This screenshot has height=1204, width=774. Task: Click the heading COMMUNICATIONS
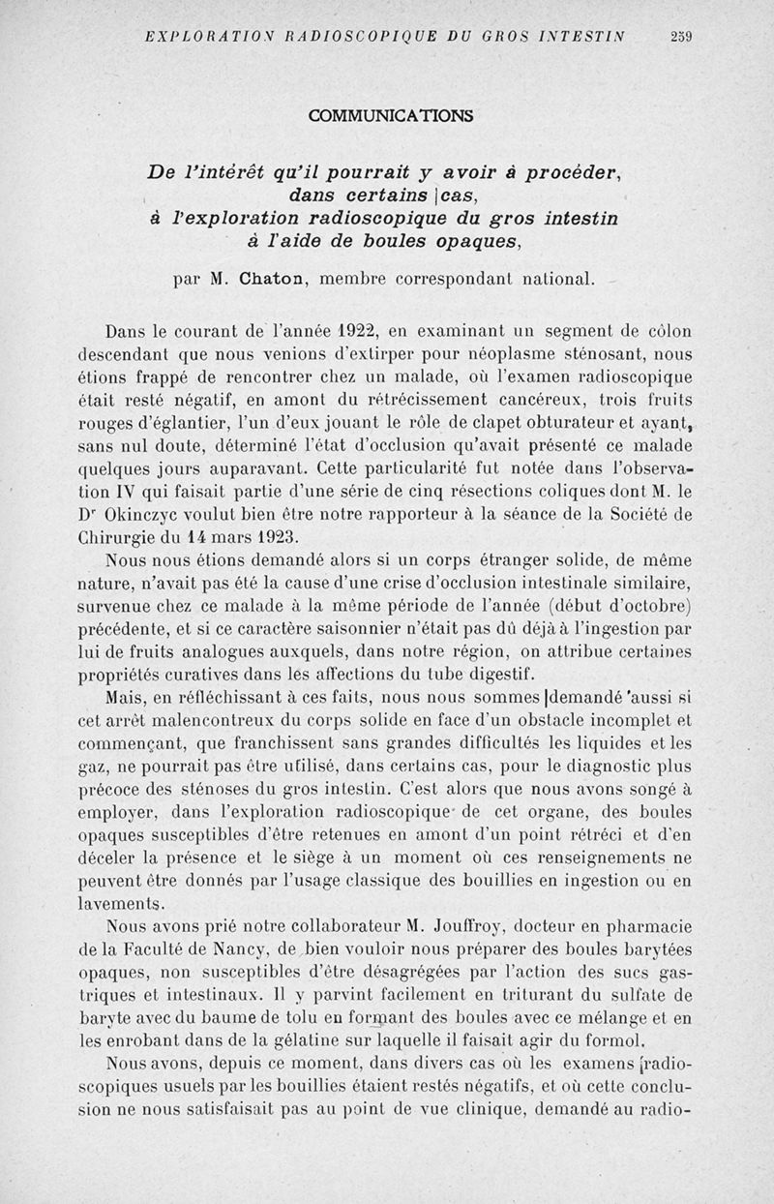pyautogui.click(x=391, y=116)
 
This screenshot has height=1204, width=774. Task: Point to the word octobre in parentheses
pyautogui.click(x=656, y=606)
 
